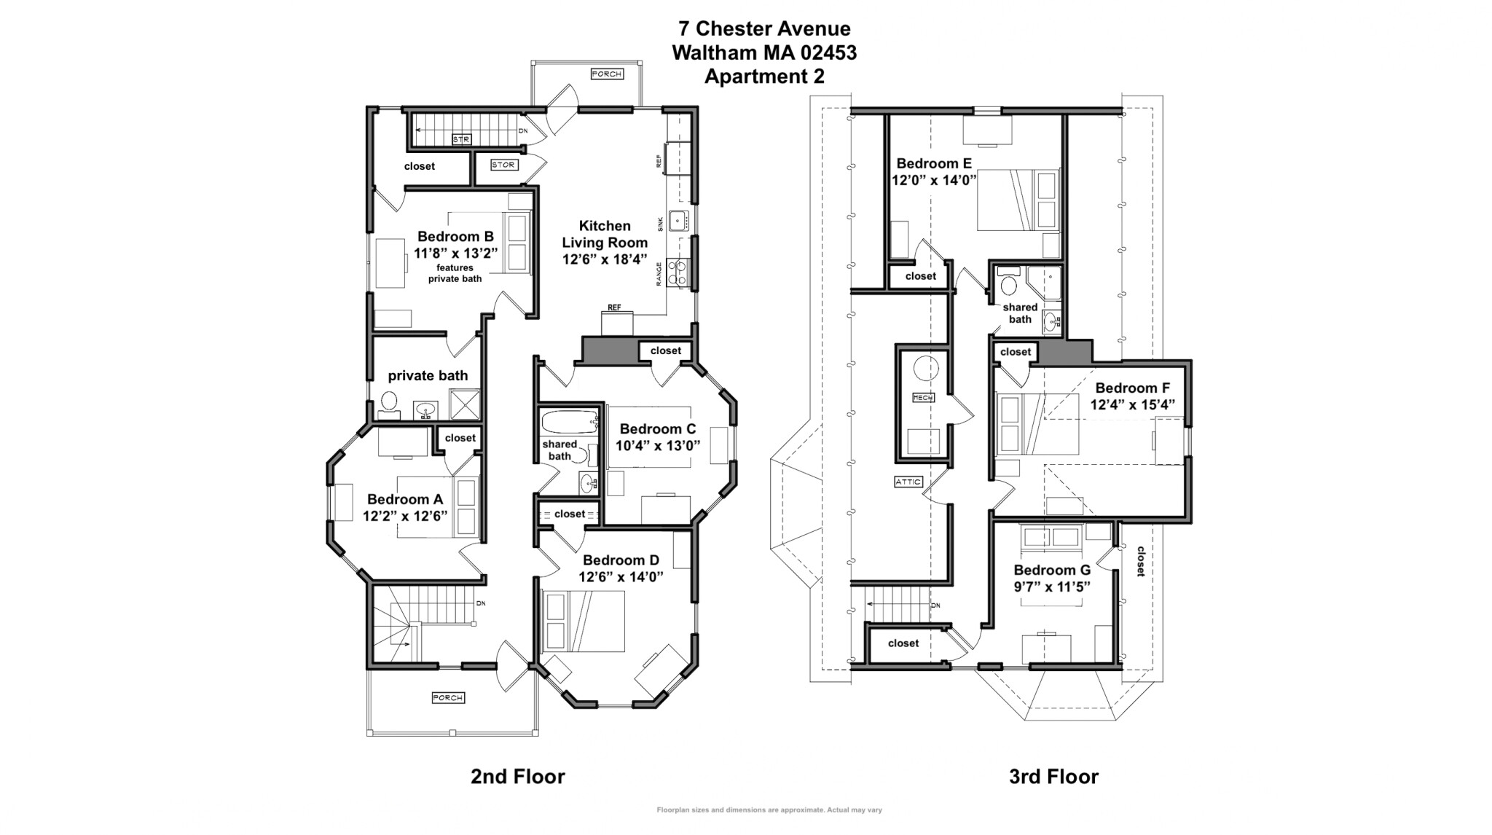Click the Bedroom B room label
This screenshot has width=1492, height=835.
tap(455, 237)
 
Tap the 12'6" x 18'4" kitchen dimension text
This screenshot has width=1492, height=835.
tap(604, 259)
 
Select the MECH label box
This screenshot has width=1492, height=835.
tap(923, 398)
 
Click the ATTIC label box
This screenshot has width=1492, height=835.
tap(908, 482)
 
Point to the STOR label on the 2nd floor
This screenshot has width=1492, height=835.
tap(503, 165)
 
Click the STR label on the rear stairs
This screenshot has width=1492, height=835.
tap(461, 139)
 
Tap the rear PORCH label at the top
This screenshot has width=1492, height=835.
tap(606, 74)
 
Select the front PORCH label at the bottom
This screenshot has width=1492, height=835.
tap(448, 698)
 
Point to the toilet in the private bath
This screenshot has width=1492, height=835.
tap(389, 401)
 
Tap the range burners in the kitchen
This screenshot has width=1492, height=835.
tap(678, 273)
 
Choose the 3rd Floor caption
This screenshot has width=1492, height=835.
tap(1053, 777)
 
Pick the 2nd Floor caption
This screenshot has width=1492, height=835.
tap(517, 777)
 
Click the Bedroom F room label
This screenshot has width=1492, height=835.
tap(1132, 388)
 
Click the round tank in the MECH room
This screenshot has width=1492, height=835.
tap(927, 369)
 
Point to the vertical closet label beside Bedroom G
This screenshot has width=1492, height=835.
tap(1141, 562)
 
